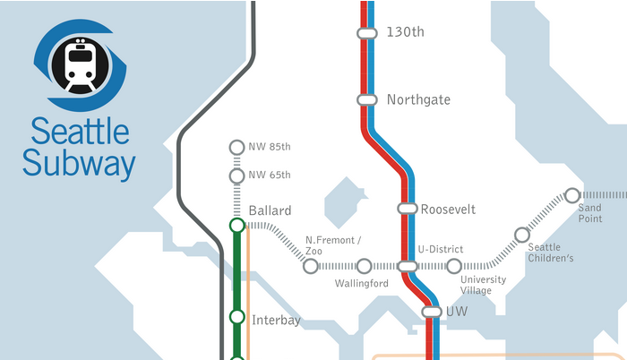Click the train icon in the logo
[82, 64]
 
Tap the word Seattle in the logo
[80, 132]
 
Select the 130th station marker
[366, 32]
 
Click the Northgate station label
[418, 99]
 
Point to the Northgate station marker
[366, 99]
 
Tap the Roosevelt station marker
[407, 209]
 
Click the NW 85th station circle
[237, 147]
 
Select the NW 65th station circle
[237, 175]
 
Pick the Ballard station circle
[237, 225]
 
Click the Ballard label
[270, 210]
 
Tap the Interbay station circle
[237, 317]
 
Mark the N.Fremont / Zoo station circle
[311, 266]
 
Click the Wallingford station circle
[364, 266]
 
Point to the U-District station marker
[407, 266]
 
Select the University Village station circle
[454, 266]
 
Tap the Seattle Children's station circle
[521, 235]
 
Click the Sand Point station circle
[571, 195]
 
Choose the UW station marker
[432, 312]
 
